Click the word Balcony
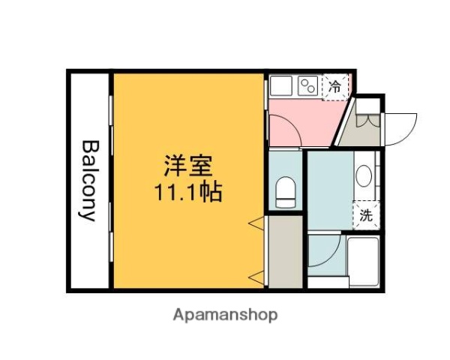tap(89, 181)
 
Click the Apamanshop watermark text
tap(226, 314)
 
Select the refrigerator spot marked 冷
tap(334, 86)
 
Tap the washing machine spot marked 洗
tap(365, 215)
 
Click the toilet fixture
tap(285, 192)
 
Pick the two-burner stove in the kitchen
tap(308, 86)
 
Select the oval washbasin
tap(364, 178)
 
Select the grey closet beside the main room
tap(283, 251)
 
